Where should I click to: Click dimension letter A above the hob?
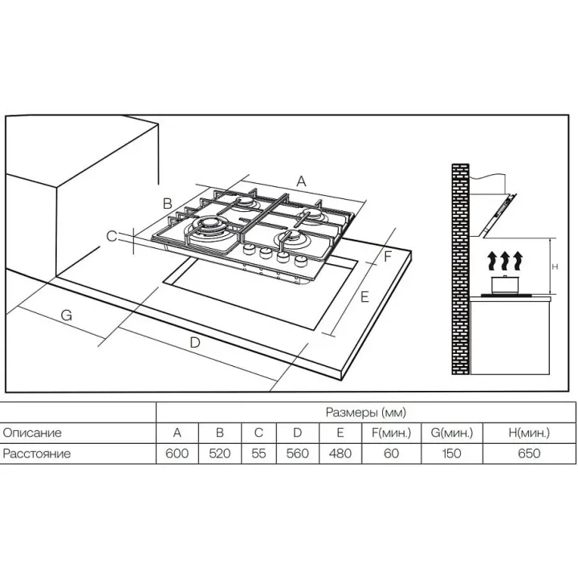[302, 181]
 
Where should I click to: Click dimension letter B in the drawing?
[168, 203]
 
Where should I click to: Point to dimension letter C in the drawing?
[112, 236]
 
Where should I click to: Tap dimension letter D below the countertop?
[194, 343]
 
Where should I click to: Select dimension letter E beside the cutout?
[364, 297]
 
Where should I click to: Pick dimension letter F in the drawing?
[388, 257]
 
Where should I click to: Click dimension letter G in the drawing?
[67, 315]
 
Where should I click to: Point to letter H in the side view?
[556, 267]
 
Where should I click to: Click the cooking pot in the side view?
[506, 284]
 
